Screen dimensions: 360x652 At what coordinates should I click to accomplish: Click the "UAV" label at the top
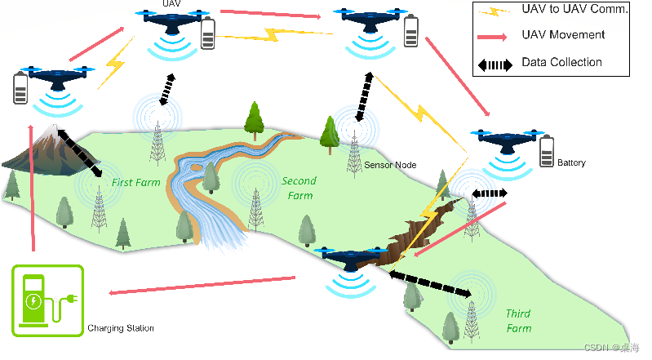pos(171,4)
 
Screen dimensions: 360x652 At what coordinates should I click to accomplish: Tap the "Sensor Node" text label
pos(390,165)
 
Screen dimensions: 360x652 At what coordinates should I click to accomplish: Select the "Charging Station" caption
pos(121,328)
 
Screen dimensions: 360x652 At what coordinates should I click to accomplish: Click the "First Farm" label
pos(135,183)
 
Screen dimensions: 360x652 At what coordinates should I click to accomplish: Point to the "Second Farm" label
pos(299,188)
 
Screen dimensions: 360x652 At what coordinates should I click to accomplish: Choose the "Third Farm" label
pos(518,321)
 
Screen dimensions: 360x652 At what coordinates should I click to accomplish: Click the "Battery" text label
pos(571,163)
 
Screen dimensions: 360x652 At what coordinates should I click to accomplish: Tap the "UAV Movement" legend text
pos(563,35)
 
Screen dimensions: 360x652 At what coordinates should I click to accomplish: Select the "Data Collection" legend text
pos(561,62)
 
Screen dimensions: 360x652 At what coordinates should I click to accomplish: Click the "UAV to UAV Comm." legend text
pos(574,9)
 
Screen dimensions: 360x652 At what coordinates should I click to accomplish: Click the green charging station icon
pos(47,300)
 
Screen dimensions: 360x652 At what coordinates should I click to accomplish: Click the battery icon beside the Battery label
pos(546,151)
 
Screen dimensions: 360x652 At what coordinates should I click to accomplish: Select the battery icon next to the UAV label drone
pos(209,34)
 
